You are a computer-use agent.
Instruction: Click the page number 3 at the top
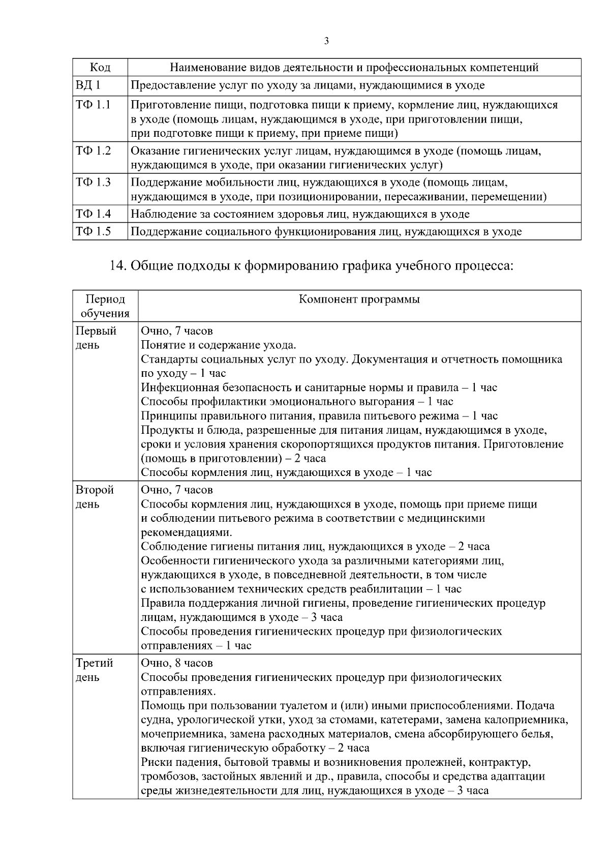326,41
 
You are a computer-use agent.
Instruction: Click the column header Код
100,68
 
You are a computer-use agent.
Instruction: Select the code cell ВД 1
88,85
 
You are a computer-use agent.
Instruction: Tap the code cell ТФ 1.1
94,105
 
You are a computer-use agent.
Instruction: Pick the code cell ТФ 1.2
94,151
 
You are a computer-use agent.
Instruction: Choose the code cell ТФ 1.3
94,183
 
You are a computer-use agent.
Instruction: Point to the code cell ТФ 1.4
94,214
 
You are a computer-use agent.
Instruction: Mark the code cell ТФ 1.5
94,232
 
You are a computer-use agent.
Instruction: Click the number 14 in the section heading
118,265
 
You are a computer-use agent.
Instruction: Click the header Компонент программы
359,299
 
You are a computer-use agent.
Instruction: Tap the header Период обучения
105,306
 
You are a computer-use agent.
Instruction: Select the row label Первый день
96,338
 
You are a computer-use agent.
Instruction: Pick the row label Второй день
95,497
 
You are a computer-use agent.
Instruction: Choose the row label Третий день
95,670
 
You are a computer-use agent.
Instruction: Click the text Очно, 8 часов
176,663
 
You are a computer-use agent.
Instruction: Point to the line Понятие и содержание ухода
218,345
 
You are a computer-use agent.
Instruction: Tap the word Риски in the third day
155,762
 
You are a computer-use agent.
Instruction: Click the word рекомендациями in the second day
186,532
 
